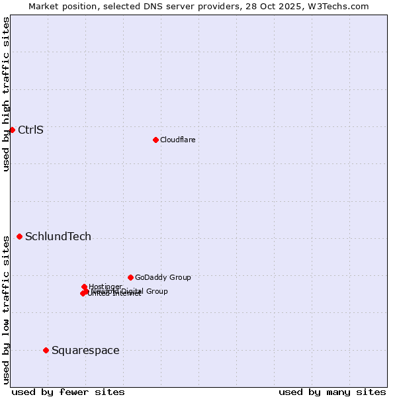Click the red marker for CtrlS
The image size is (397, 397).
click(12, 130)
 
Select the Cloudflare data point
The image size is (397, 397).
click(155, 140)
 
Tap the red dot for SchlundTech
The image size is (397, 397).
click(19, 236)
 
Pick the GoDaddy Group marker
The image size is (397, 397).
click(130, 277)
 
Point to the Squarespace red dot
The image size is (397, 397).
click(46, 350)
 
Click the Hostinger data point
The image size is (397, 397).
click(84, 287)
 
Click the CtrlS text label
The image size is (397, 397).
click(30, 130)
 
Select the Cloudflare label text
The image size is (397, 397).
click(177, 140)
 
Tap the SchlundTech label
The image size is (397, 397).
click(58, 236)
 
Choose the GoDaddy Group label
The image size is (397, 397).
click(163, 277)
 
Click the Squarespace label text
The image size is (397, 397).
click(85, 350)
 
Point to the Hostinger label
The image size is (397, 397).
click(106, 287)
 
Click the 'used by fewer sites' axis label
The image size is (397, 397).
click(68, 392)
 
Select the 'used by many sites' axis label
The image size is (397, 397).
click(332, 392)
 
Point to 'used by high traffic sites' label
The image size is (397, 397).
click(6, 94)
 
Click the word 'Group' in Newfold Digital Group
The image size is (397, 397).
click(156, 291)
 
